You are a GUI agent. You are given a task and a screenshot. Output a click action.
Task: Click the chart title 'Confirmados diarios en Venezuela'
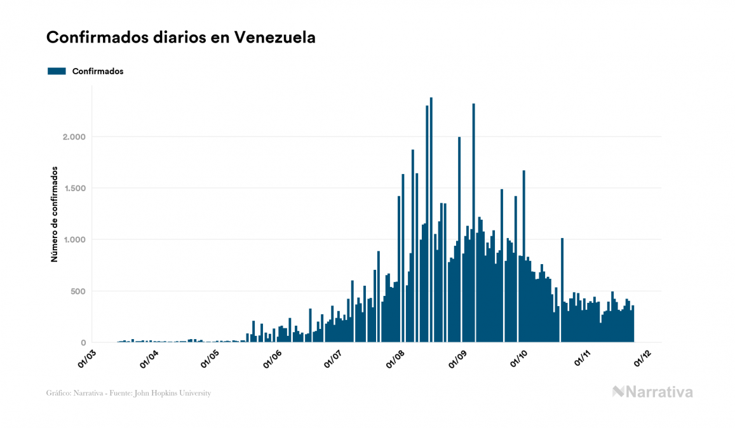(181, 37)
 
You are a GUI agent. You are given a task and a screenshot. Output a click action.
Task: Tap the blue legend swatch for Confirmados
(57, 71)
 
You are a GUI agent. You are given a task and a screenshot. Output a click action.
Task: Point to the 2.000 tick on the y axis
(74, 137)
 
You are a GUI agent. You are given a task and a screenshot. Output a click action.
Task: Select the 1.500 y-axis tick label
(74, 189)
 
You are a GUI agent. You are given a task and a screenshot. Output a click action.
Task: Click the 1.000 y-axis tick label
(74, 240)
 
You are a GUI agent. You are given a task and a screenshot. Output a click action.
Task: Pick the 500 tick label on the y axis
(78, 291)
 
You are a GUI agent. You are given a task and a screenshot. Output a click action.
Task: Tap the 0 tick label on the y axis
(83, 343)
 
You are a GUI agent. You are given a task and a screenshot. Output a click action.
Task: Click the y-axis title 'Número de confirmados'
(55, 215)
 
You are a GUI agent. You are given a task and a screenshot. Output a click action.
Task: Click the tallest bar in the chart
(431, 222)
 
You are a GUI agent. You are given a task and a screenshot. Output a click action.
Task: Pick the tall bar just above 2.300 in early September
(474, 222)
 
